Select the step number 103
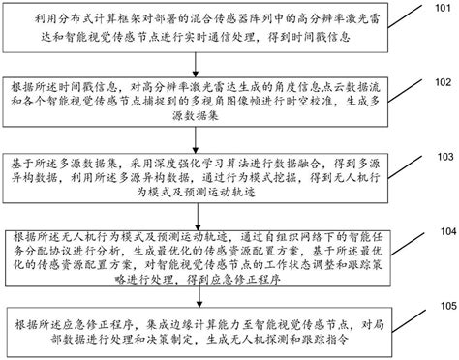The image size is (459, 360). (x=440, y=155)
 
